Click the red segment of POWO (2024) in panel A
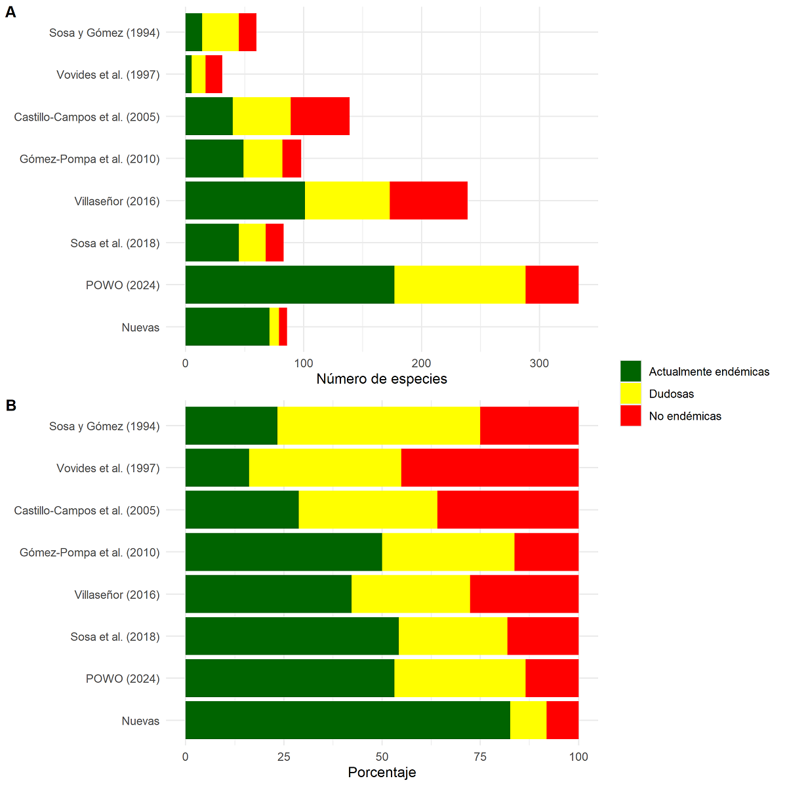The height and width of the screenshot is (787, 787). click(x=552, y=285)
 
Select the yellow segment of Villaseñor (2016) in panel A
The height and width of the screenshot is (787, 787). click(x=347, y=201)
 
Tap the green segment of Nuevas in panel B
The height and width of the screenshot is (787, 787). click(x=348, y=720)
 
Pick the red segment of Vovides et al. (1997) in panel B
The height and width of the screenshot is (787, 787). click(x=489, y=468)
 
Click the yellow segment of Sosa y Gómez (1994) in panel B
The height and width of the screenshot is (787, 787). click(x=378, y=426)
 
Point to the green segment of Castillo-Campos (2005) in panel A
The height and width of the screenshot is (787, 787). click(x=209, y=116)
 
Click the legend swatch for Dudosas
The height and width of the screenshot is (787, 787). click(x=630, y=393)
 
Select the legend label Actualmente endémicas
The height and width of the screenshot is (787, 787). click(x=709, y=372)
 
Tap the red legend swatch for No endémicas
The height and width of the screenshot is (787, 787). click(x=630, y=416)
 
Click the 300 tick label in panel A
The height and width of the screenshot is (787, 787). click(x=539, y=363)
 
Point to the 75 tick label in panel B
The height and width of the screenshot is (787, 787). click(x=480, y=757)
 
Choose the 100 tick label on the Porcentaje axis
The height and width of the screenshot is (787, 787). click(x=578, y=757)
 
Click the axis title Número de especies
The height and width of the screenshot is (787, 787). click(x=382, y=379)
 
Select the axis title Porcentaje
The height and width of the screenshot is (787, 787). click(x=382, y=773)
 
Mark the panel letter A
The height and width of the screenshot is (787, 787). click(x=10, y=12)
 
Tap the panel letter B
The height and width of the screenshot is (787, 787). click(x=10, y=405)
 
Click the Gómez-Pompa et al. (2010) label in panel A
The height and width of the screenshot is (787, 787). click(x=90, y=159)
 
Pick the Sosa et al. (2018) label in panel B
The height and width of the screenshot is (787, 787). click(x=115, y=637)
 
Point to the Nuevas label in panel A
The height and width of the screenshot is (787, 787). click(x=140, y=327)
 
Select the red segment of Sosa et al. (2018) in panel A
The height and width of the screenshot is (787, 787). click(x=274, y=243)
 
